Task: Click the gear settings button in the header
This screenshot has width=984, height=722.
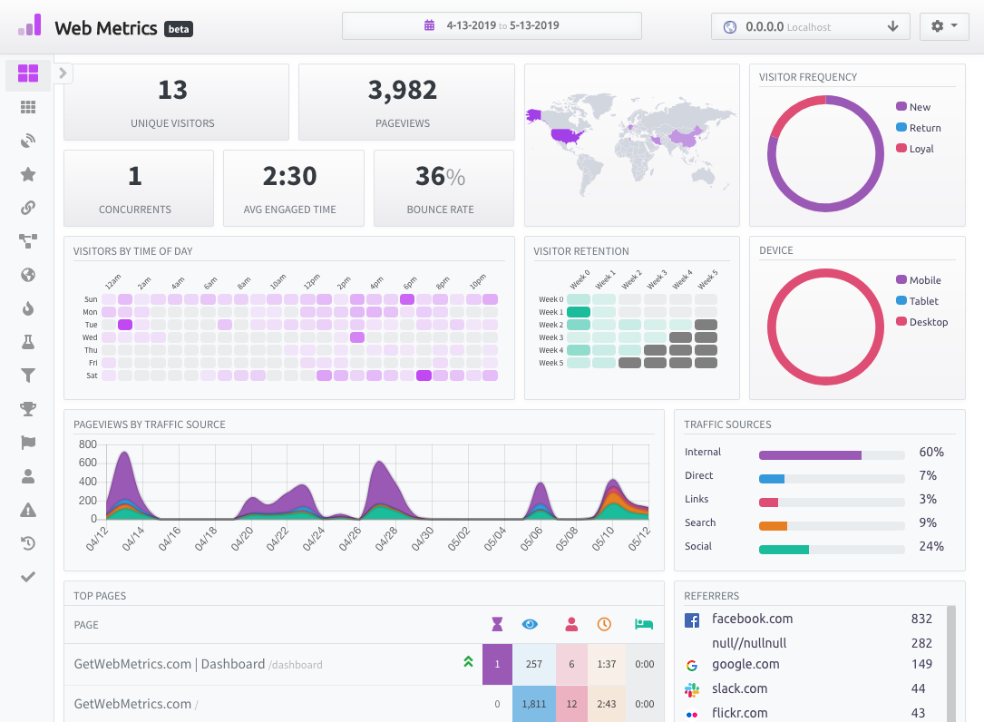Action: click(944, 26)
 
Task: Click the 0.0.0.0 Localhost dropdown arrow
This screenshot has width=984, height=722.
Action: click(892, 26)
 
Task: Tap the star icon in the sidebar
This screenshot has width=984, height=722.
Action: click(27, 174)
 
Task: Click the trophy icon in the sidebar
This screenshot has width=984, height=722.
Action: click(27, 409)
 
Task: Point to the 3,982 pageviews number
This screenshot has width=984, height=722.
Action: click(403, 91)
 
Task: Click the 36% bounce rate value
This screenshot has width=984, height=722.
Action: click(440, 177)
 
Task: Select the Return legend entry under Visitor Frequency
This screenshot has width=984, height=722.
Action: click(919, 128)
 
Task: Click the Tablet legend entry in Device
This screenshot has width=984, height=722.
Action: click(918, 301)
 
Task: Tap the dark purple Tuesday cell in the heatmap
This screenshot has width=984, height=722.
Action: click(125, 325)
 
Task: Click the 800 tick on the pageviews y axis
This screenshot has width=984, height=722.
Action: click(88, 444)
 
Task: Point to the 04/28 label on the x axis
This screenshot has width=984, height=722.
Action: click(386, 539)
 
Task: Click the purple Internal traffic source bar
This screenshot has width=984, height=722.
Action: click(810, 455)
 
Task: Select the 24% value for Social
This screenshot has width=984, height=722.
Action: click(931, 546)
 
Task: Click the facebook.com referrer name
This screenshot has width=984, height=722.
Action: click(752, 619)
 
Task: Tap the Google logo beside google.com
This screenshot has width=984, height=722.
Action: click(692, 666)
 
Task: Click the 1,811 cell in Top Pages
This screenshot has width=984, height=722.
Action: click(533, 704)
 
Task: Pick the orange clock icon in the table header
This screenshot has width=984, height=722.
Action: click(604, 624)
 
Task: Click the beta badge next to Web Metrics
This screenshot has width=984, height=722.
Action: click(179, 29)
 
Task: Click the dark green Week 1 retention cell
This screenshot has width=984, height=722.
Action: click(578, 312)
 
